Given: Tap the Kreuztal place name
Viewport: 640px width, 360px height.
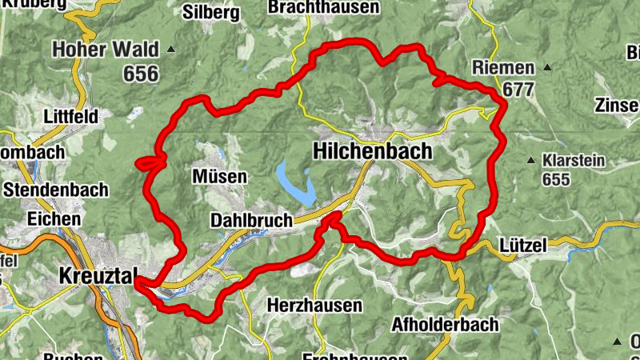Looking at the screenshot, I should pyautogui.click(x=96, y=276).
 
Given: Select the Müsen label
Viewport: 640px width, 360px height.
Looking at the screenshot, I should pyautogui.click(x=220, y=175).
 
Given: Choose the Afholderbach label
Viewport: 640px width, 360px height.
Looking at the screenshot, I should pyautogui.click(x=445, y=324).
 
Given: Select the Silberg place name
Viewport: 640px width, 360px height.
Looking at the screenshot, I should pyautogui.click(x=211, y=12).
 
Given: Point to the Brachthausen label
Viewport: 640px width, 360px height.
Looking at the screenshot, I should pyautogui.click(x=334, y=7).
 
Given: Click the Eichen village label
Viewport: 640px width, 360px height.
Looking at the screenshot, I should pyautogui.click(x=53, y=218).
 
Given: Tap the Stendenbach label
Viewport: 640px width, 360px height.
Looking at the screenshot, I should pyautogui.click(x=54, y=190).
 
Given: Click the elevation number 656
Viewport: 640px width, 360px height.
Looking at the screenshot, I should pyautogui.click(x=141, y=74).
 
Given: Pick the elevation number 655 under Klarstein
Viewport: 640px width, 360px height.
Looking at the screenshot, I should pyautogui.click(x=554, y=179).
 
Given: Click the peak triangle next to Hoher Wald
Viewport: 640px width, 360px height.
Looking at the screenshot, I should pyautogui.click(x=170, y=50).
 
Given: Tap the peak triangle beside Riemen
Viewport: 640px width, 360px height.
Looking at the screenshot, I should pyautogui.click(x=547, y=67).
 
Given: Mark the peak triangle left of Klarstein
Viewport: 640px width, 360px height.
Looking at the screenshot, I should pyautogui.click(x=530, y=160).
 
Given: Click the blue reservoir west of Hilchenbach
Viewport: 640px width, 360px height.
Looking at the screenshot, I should pyautogui.click(x=294, y=184).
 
